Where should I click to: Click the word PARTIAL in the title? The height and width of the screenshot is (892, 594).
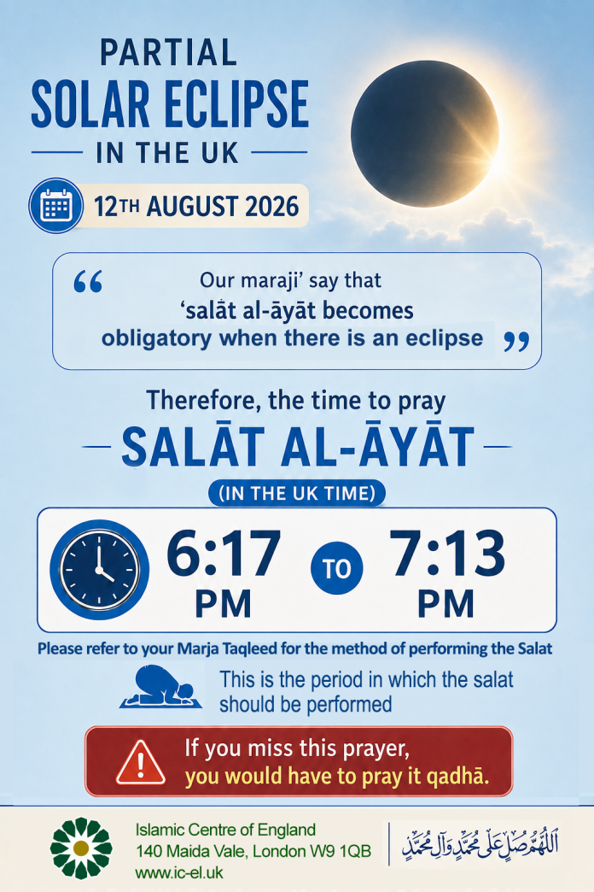point(168,53)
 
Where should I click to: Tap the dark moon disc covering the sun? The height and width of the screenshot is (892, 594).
point(425,133)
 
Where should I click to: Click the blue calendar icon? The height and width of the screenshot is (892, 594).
point(56,205)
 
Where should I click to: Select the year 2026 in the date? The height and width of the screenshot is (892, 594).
point(271,206)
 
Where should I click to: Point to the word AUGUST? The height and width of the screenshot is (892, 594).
point(192,206)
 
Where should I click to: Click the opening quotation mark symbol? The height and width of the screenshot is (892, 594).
point(88,282)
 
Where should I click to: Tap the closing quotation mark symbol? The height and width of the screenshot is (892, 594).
point(516,342)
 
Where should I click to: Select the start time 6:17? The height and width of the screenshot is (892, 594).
point(224,553)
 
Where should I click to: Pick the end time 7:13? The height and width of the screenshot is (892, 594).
point(447,553)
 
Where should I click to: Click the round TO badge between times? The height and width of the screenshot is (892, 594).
point(337,568)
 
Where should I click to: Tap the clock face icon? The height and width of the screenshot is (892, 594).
point(100,569)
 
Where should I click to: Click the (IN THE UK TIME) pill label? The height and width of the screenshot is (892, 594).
point(297,493)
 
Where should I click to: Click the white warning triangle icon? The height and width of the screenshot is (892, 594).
point(141,762)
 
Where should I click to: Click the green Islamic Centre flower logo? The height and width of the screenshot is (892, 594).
point(81,848)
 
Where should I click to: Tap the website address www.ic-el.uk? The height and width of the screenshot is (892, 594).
point(179,872)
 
